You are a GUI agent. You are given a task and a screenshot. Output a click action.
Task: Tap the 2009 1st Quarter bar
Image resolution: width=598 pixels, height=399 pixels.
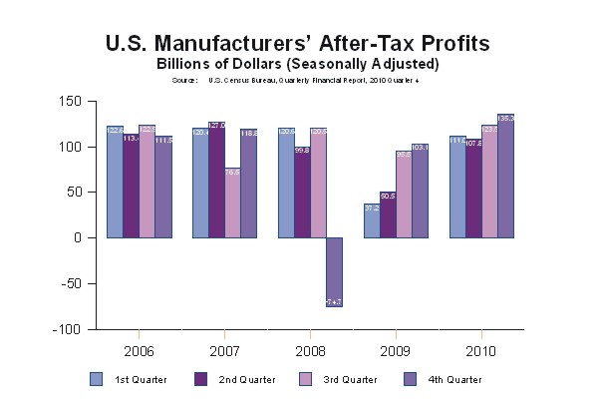click(x=372, y=220)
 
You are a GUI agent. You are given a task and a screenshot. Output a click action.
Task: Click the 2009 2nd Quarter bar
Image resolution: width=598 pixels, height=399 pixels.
click(x=388, y=214)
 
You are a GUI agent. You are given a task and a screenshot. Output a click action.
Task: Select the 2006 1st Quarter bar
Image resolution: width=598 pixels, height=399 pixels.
click(x=115, y=182)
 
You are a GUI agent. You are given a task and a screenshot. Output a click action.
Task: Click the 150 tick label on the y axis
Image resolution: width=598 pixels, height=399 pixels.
click(x=70, y=101)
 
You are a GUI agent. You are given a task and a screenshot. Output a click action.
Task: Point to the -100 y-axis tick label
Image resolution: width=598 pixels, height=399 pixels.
click(x=67, y=329)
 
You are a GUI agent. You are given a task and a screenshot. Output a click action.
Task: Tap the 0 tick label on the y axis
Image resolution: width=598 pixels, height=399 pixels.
click(x=77, y=237)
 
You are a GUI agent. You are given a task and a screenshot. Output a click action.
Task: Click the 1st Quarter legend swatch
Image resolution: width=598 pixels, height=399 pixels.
click(x=97, y=378)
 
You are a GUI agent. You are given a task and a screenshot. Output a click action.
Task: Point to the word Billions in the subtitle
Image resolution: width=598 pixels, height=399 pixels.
click(x=184, y=64)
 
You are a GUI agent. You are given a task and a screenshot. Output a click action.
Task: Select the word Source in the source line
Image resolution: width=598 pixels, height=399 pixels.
click(x=184, y=79)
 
